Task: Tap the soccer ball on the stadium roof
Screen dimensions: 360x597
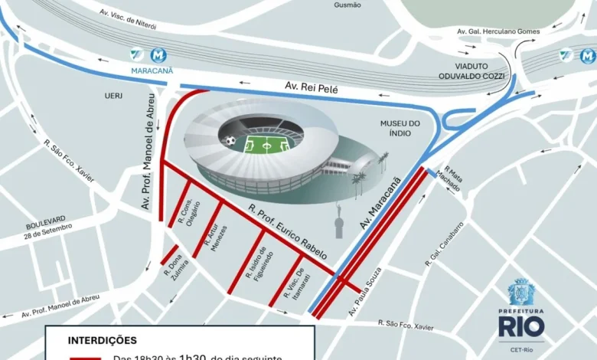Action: [230, 140]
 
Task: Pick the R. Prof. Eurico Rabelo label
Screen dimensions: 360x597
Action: [287, 232]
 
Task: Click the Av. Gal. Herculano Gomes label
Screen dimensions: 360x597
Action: [497, 31]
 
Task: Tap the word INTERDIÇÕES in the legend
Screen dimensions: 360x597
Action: [103, 339]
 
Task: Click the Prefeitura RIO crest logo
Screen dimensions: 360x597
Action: [521, 293]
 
